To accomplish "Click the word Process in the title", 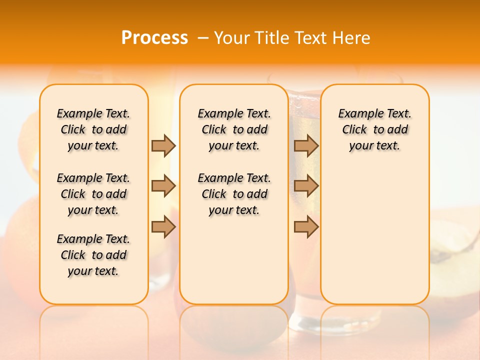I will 154,37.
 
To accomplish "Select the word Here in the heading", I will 352,37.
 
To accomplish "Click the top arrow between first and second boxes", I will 163,145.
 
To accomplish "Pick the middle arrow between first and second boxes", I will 163,186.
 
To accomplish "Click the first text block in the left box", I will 93,129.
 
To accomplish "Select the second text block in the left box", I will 93,194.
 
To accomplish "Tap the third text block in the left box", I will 93,255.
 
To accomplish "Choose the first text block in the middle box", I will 234,129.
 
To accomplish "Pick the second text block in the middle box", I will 234,194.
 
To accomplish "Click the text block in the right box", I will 374,129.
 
